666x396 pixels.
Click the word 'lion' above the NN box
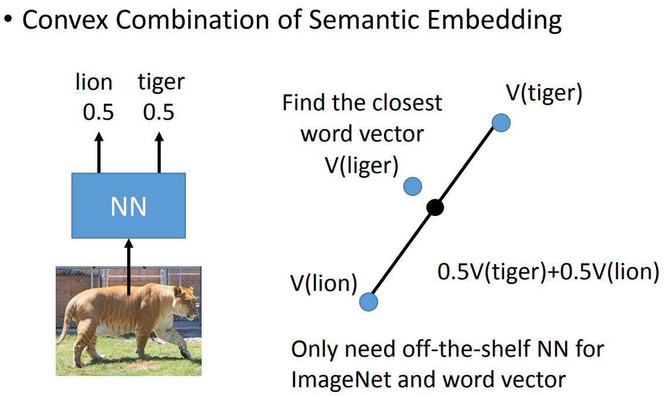(x=94, y=82)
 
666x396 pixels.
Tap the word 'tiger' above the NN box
(x=161, y=82)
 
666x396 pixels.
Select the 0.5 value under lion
(x=98, y=112)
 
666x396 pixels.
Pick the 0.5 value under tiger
(x=158, y=112)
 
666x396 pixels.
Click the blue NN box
(x=128, y=205)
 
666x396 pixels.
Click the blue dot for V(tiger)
(x=501, y=123)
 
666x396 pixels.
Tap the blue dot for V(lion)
(x=369, y=302)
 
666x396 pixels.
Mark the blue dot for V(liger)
(x=413, y=187)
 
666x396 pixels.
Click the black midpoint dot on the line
(x=435, y=207)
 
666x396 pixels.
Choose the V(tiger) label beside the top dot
(x=544, y=93)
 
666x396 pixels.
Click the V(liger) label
(x=361, y=166)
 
